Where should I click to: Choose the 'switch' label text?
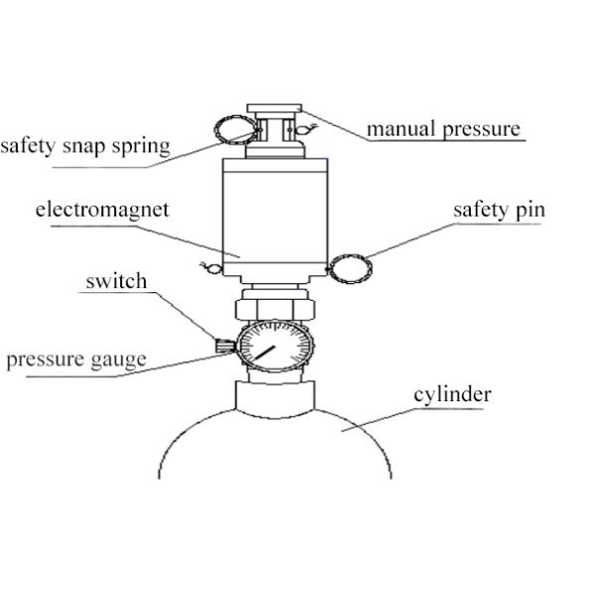coord(116,281)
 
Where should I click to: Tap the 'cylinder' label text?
coord(452,394)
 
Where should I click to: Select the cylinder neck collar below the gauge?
coord(275,395)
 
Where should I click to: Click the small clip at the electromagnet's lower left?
coord(210,265)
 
